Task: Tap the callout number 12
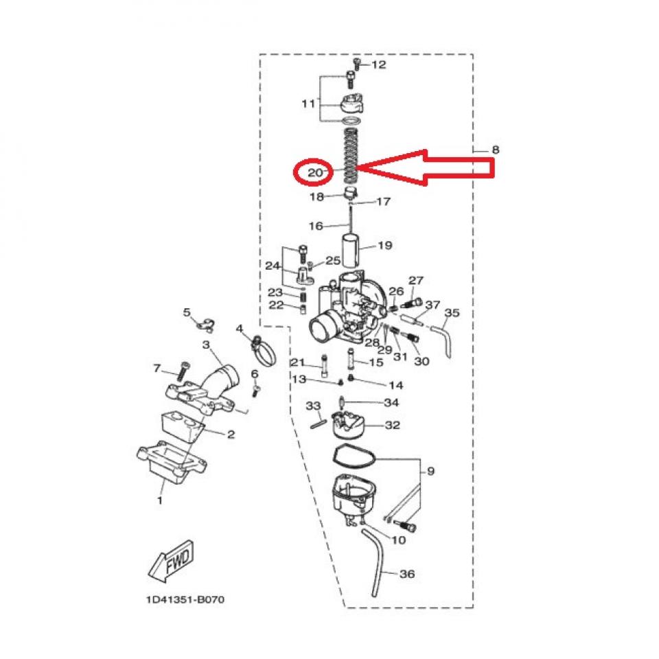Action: click(378, 65)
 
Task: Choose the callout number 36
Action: click(406, 574)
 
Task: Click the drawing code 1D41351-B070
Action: click(185, 599)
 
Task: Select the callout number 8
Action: click(495, 149)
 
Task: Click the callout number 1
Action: click(159, 500)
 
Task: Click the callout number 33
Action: click(313, 406)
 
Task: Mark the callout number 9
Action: click(430, 471)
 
